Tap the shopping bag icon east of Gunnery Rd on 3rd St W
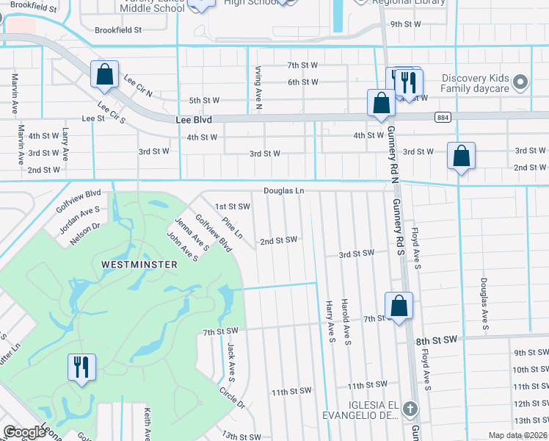tap(460, 157)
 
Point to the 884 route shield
tap(442, 117)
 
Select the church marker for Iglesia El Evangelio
tap(411, 407)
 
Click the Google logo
tap(24, 431)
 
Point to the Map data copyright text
tap(516, 435)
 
